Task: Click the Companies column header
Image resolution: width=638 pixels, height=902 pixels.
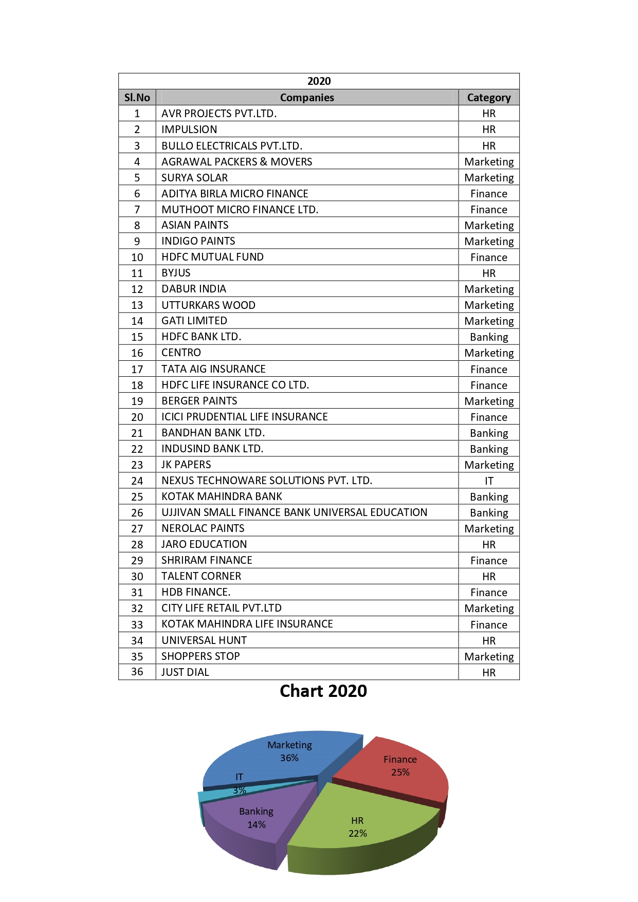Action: pyautogui.click(x=307, y=98)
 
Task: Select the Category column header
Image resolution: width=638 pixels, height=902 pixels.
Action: pyautogui.click(x=488, y=98)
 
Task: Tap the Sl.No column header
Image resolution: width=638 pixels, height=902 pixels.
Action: pyautogui.click(x=137, y=98)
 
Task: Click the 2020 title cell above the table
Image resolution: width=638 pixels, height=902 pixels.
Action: pyautogui.click(x=319, y=81)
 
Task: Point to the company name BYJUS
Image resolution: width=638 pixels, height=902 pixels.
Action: pyautogui.click(x=176, y=273)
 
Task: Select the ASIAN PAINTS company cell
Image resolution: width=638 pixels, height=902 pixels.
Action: pyautogui.click(x=195, y=225)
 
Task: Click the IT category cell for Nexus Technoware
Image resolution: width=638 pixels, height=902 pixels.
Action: pyautogui.click(x=488, y=481)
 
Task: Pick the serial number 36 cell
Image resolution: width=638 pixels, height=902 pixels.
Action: pyautogui.click(x=137, y=672)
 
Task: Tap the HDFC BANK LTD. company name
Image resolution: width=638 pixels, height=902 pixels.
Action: pyautogui.click(x=201, y=337)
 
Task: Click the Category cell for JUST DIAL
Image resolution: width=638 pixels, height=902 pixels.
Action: pyautogui.click(x=488, y=672)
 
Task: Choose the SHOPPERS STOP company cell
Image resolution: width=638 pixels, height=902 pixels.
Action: pyautogui.click(x=200, y=656)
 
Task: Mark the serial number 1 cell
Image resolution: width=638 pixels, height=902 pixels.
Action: pyautogui.click(x=137, y=114)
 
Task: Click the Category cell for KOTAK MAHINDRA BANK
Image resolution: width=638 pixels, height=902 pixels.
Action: pyautogui.click(x=488, y=496)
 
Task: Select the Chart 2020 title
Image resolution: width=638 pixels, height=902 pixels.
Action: pyautogui.click(x=323, y=691)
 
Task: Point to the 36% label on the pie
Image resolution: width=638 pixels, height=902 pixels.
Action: pyautogui.click(x=289, y=758)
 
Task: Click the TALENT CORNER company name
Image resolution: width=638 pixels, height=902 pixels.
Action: pyautogui.click(x=201, y=576)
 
